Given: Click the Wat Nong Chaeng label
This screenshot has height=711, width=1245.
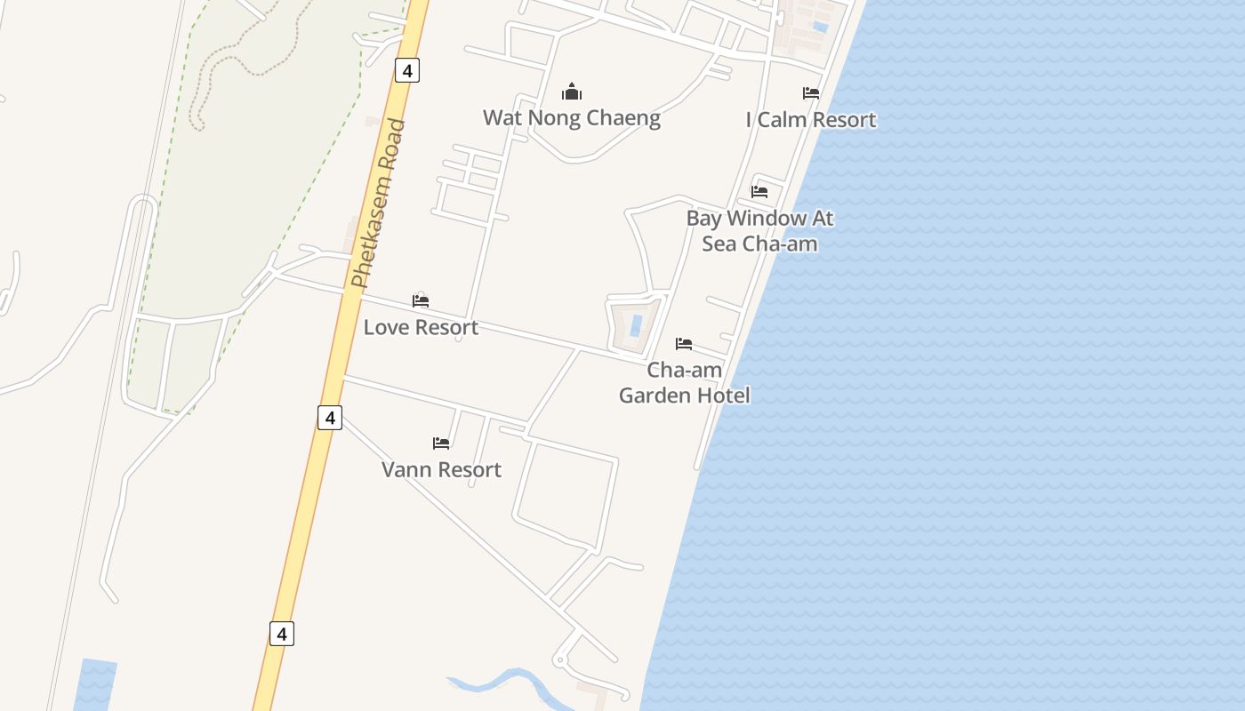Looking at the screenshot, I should [571, 118].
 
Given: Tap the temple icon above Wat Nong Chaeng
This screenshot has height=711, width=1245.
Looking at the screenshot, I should [571, 92].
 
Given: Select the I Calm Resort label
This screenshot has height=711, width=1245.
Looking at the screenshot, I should [811, 120].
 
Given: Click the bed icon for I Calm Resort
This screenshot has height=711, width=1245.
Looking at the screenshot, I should [811, 93].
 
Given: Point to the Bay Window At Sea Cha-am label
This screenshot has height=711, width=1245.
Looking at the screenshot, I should [759, 230].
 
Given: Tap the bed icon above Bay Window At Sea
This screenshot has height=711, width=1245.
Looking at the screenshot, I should [759, 191].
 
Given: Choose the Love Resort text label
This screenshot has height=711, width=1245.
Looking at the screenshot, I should [421, 327].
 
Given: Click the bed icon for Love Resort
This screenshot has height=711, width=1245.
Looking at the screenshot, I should [421, 301].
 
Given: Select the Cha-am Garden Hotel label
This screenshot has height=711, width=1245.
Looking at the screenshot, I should [684, 382].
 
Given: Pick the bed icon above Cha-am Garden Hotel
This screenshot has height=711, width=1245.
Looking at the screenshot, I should [684, 344].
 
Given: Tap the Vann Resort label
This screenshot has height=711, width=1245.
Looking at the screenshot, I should [441, 469].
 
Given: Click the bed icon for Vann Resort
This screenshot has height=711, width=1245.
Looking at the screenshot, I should [441, 443].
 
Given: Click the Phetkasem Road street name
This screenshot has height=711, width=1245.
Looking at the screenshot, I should [378, 204].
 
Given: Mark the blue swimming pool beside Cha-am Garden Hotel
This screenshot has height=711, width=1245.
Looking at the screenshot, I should [636, 325].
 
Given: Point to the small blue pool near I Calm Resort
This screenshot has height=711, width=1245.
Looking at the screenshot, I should [820, 27].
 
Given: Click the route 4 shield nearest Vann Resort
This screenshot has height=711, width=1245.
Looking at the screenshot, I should [330, 417].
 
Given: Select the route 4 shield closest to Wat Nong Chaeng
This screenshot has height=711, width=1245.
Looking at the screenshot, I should [406, 70].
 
